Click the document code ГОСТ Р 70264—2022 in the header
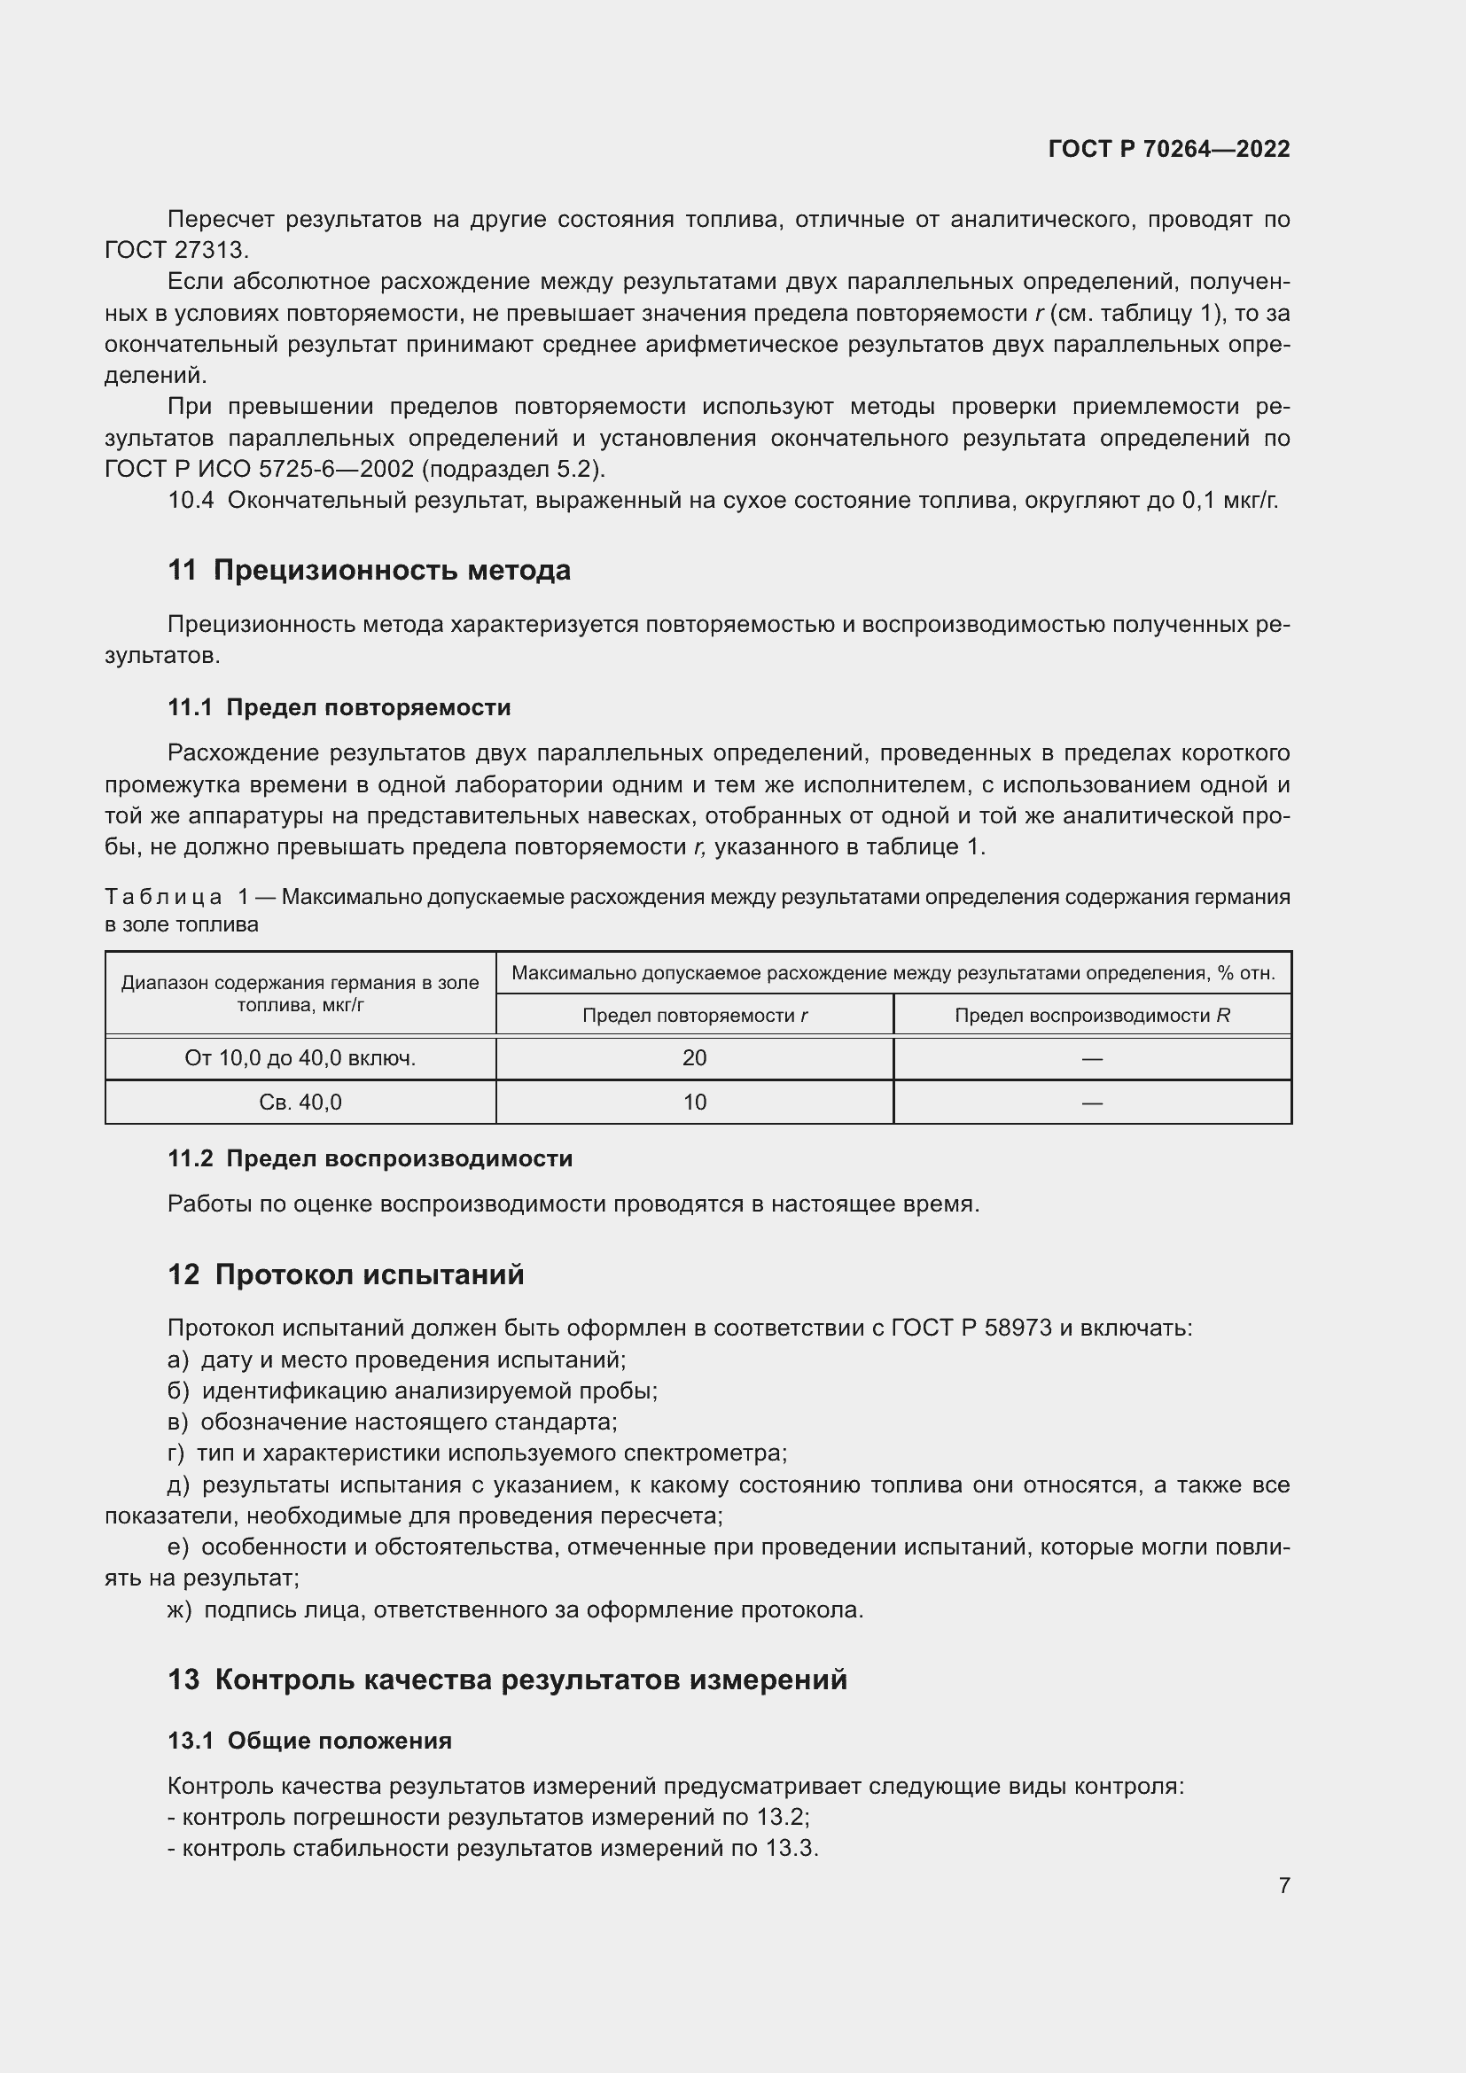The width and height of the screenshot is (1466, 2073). point(1168,149)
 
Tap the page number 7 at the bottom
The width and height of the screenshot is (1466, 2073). point(1283,1885)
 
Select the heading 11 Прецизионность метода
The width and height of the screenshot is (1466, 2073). point(370,571)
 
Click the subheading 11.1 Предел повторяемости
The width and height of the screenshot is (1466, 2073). point(339,708)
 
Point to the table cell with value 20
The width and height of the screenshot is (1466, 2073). point(694,1058)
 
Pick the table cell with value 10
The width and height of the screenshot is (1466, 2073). point(694,1103)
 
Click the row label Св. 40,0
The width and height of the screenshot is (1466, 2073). point(300,1103)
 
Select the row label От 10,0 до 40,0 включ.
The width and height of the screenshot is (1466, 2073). point(300,1058)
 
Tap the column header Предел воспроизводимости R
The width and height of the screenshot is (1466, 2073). point(1092,1016)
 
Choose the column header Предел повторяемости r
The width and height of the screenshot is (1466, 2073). point(694,1016)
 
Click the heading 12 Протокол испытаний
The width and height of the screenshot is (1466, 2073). point(346,1274)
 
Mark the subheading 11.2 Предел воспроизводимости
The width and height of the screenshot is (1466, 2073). point(370,1158)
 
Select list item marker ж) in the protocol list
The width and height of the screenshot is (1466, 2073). point(179,1609)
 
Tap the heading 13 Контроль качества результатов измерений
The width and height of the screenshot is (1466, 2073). point(507,1680)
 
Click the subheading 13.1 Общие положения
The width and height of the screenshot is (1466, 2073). point(309,1741)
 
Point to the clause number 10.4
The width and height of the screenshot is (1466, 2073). point(191,500)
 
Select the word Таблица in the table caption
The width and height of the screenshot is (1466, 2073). point(163,898)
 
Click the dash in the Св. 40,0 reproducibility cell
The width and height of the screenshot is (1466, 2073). point(1092,1103)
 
